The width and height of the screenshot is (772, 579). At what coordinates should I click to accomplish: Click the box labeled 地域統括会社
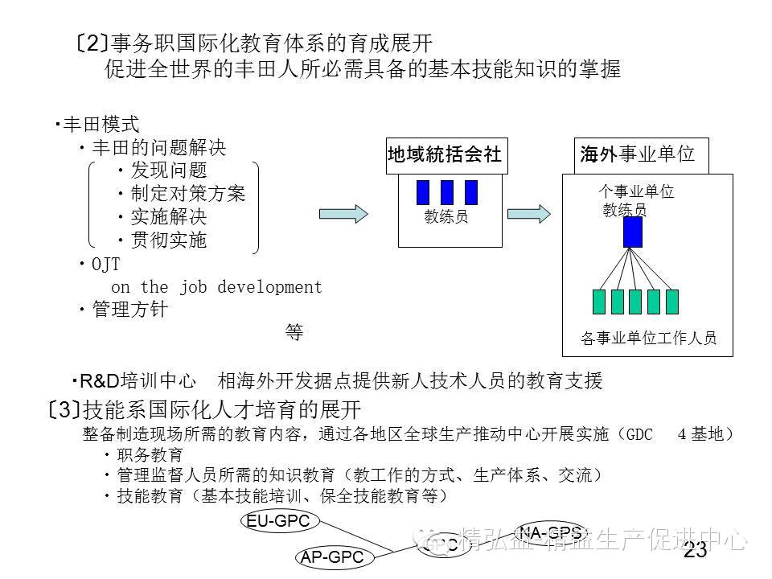[445, 155]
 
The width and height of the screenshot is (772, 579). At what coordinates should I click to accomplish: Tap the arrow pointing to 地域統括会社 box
[343, 214]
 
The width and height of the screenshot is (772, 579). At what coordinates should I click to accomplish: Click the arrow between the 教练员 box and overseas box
[528, 214]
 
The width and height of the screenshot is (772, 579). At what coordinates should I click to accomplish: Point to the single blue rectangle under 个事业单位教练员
[632, 232]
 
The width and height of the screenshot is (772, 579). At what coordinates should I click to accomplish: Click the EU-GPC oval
[278, 521]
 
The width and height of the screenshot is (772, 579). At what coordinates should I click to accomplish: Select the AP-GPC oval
[332, 556]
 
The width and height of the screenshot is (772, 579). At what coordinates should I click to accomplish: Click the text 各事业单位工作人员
[648, 339]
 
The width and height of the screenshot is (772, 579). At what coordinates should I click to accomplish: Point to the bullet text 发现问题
[169, 170]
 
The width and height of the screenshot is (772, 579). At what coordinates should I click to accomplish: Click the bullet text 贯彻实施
[169, 240]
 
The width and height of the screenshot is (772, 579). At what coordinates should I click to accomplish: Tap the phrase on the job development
[216, 287]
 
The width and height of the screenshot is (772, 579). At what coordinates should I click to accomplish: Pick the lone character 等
[294, 333]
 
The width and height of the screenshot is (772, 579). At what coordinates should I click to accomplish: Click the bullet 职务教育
[150, 455]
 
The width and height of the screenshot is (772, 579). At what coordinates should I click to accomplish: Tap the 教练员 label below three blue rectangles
[446, 216]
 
